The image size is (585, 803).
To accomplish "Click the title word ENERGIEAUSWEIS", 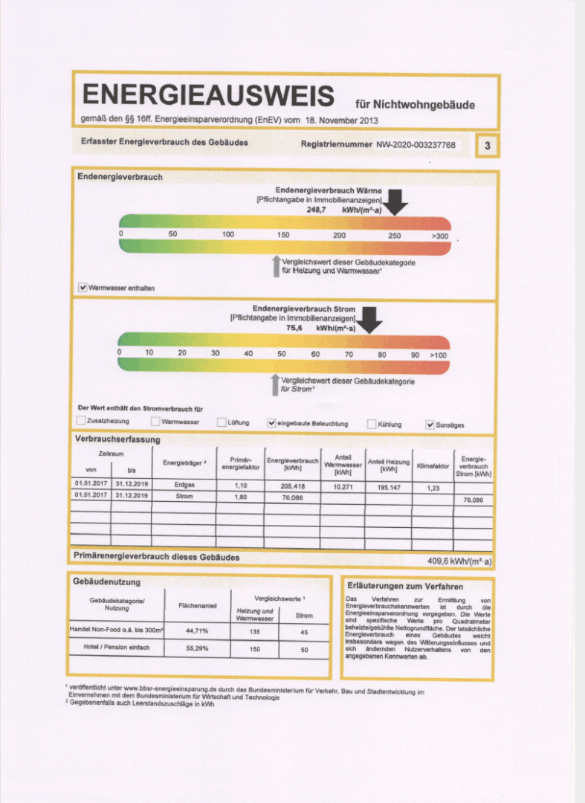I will click(x=208, y=96).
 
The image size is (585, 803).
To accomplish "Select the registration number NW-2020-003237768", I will click(x=416, y=144).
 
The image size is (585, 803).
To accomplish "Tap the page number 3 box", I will click(x=488, y=146).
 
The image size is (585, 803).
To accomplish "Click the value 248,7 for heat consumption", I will click(x=317, y=210).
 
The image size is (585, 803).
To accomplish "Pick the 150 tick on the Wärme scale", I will click(x=283, y=235).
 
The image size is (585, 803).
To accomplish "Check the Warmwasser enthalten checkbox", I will click(x=83, y=287).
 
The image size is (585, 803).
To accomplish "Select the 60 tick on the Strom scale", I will click(x=315, y=354).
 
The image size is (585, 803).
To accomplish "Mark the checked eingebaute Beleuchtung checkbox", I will click(x=271, y=423).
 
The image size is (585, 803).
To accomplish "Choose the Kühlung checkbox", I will click(x=372, y=424).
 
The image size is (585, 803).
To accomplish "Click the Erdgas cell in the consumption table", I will click(x=184, y=484).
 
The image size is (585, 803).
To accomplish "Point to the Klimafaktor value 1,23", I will click(x=433, y=488).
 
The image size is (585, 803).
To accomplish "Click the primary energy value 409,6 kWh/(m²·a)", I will click(x=459, y=561).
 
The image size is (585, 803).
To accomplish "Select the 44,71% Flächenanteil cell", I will click(x=197, y=631).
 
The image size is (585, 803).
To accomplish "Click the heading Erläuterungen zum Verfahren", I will click(x=405, y=586).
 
